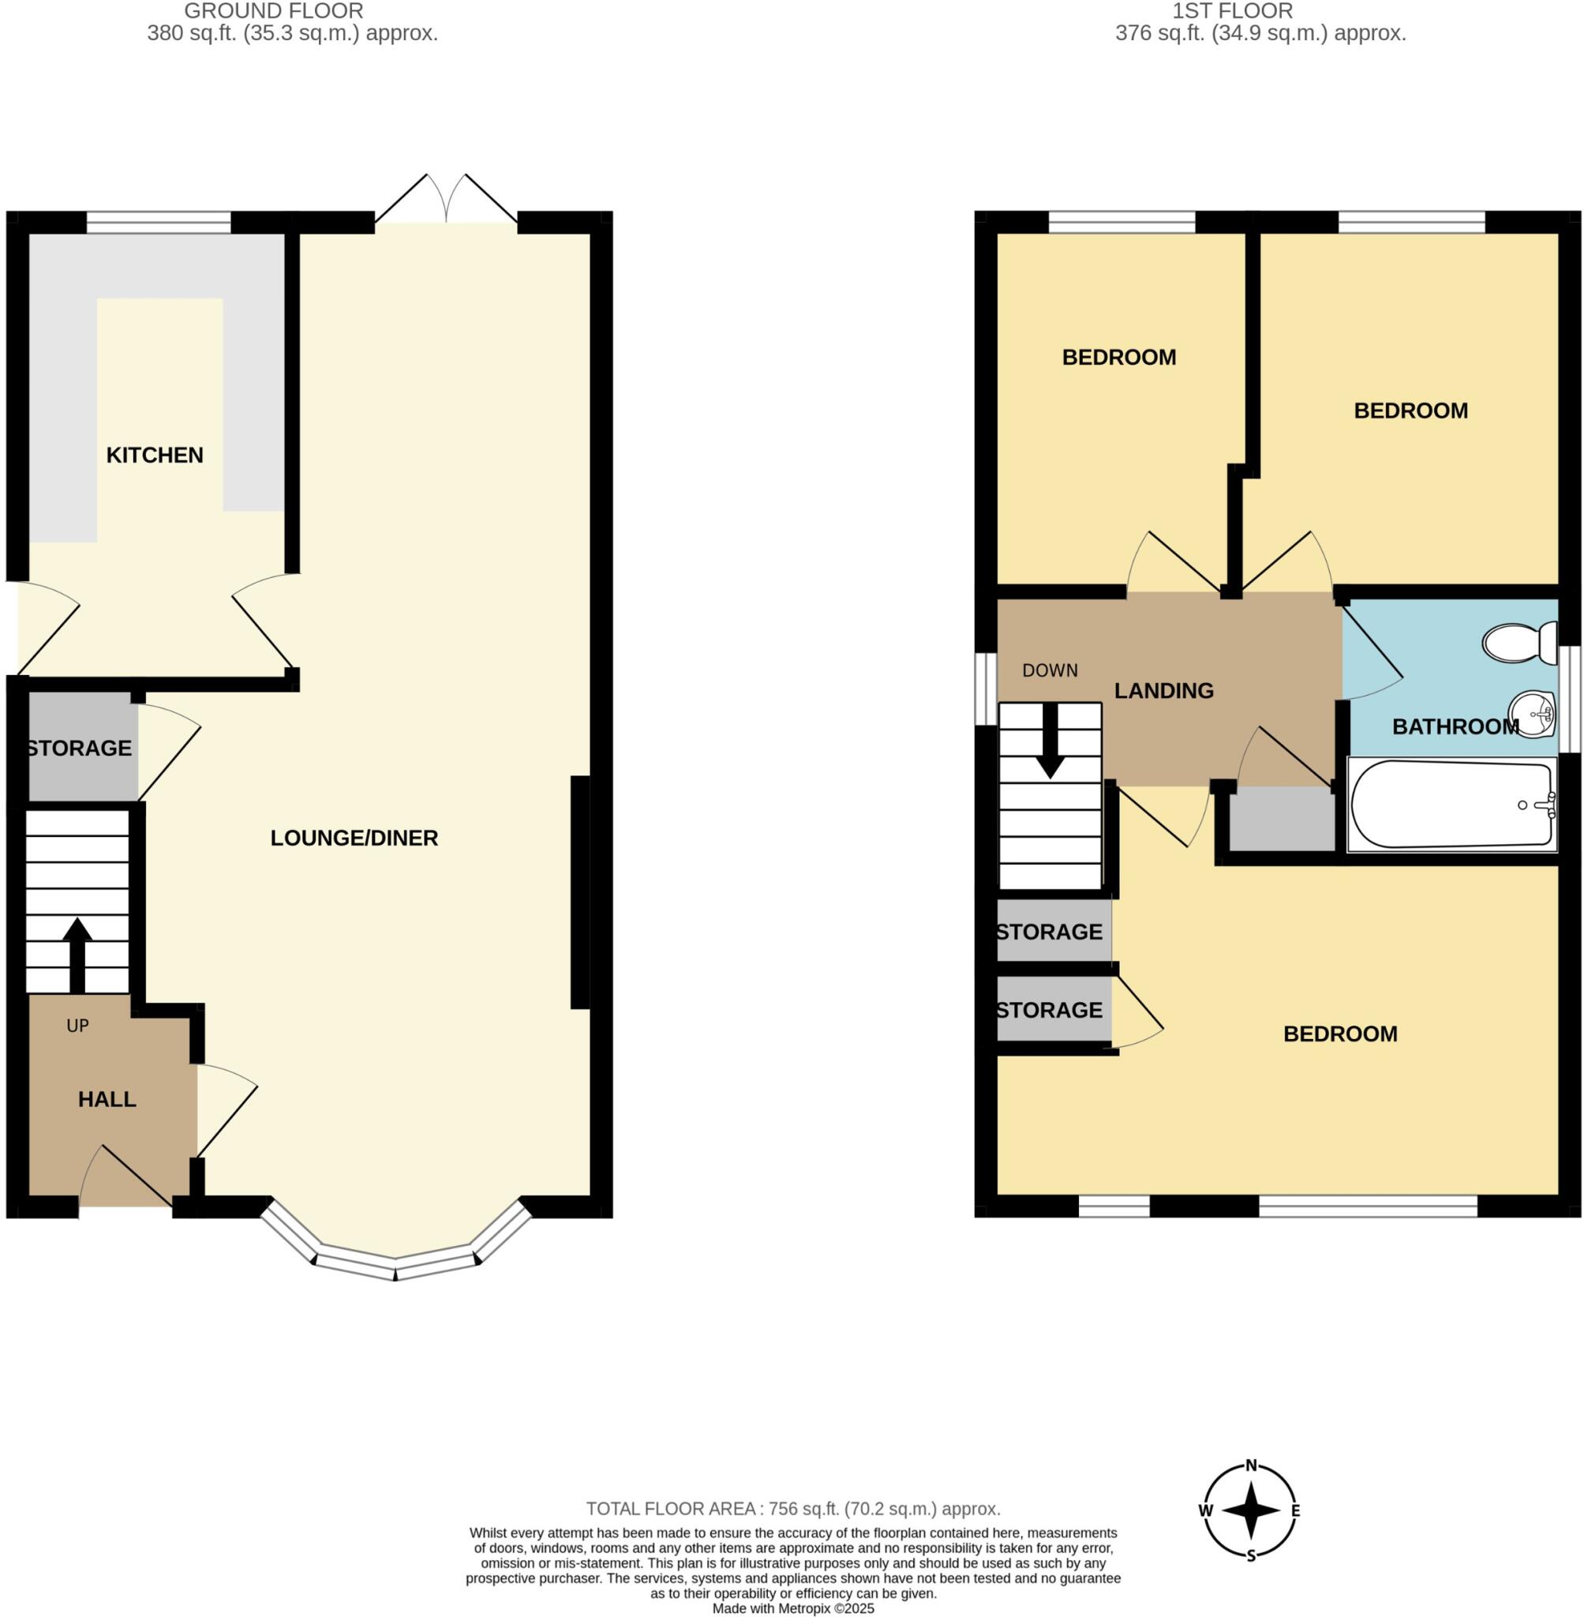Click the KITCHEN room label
[x=155, y=456]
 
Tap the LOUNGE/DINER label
[x=354, y=838]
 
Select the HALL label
[x=107, y=1099]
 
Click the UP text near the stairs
[x=77, y=1026]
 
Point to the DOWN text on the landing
[x=1050, y=671]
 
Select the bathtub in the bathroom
[x=1452, y=805]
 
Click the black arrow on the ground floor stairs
[x=77, y=954]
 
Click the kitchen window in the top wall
[x=159, y=222]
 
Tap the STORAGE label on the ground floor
[x=79, y=748]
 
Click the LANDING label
[x=1164, y=691]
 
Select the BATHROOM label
[x=1455, y=727]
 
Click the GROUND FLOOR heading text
[x=274, y=12]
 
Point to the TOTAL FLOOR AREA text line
[x=793, y=1509]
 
